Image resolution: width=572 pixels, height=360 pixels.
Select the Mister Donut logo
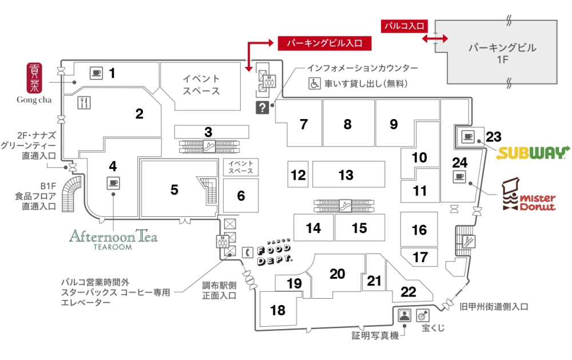coord(528,196)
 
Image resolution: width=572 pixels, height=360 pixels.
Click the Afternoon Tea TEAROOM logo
coord(113,239)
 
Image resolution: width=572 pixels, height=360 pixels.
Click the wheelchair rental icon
coord(315,84)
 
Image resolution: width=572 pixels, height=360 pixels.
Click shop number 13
coord(346,175)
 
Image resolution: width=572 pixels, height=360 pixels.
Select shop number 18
coord(277,310)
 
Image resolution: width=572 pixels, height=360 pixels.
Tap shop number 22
coord(408,292)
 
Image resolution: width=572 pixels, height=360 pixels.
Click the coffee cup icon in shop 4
coord(113,183)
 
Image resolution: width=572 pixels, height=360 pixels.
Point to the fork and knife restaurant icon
coord(84,102)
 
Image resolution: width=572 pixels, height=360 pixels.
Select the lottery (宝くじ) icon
coord(423,315)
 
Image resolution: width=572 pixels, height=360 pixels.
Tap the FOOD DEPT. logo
coord(274,252)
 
